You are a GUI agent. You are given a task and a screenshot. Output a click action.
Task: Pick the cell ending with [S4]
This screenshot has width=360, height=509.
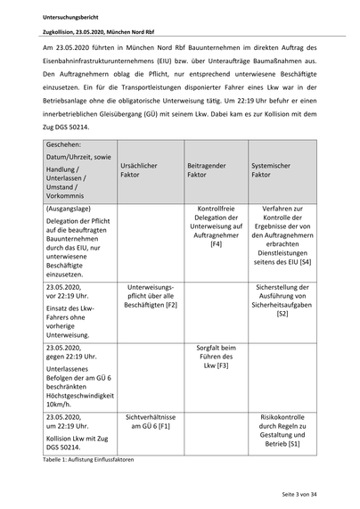click(282, 236)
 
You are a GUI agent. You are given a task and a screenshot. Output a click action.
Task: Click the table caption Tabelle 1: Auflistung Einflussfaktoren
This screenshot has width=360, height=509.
click(94, 456)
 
